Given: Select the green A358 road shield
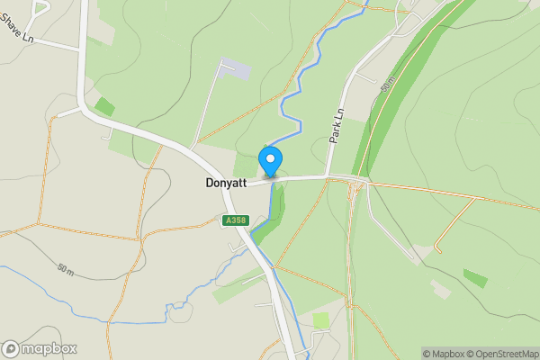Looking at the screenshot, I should tap(236, 220).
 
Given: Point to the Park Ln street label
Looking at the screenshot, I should tap(337, 126).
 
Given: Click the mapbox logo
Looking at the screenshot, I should tap(39, 348).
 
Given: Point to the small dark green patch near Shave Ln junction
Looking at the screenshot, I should tap(104, 106).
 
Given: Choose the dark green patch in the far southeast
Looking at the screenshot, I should tap(475, 278).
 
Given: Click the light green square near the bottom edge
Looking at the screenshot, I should tap(321, 320).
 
